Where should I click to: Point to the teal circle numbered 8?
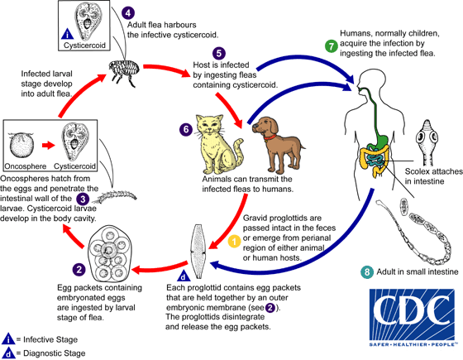click(367, 272)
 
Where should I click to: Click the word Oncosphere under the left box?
click(27, 165)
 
